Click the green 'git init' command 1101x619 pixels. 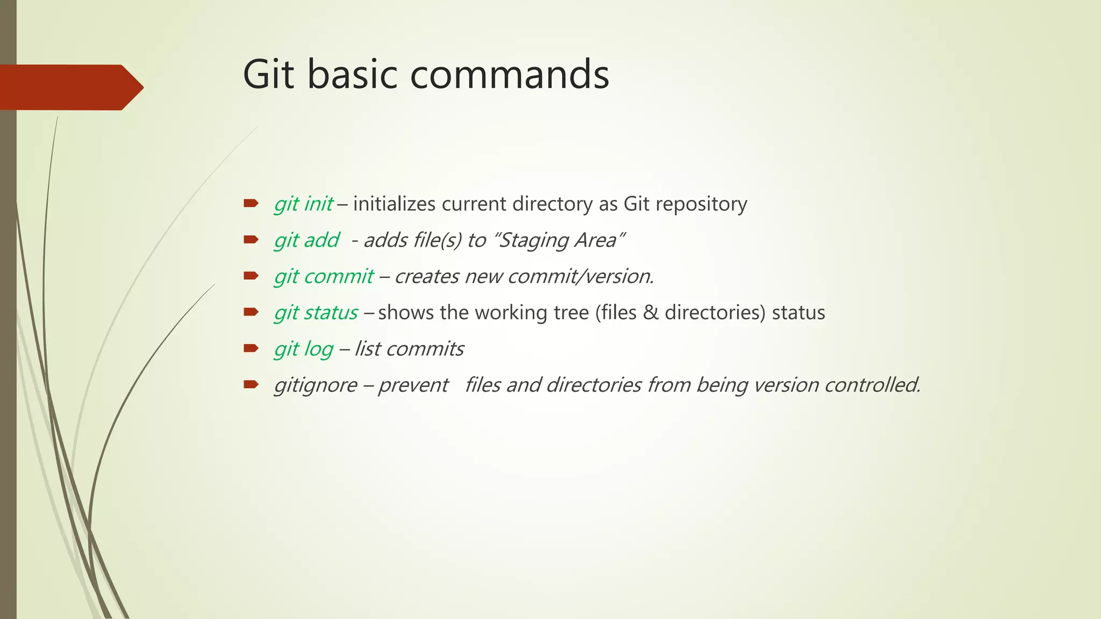click(x=303, y=204)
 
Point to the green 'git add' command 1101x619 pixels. click(x=306, y=240)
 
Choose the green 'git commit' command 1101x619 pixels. click(x=324, y=276)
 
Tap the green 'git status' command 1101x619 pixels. click(x=316, y=313)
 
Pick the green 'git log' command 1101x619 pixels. click(x=304, y=349)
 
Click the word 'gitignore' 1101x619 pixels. click(x=316, y=385)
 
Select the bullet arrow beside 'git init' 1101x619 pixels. click(x=251, y=204)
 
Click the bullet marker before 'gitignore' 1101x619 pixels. click(x=251, y=385)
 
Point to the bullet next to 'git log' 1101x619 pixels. click(x=251, y=349)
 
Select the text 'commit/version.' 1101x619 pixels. click(x=581, y=276)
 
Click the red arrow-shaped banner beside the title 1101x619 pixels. click(x=70, y=87)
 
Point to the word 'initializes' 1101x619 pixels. click(x=394, y=204)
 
